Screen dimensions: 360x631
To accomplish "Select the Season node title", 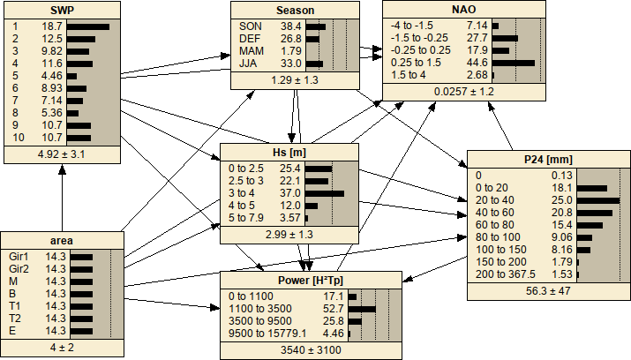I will (295, 11).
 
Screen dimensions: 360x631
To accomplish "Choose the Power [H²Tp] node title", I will (305, 282).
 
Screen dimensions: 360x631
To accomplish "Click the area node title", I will (62, 239).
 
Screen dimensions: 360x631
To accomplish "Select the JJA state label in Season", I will (250, 64).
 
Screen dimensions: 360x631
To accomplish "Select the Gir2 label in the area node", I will (18, 269).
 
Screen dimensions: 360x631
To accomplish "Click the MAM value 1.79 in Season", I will (315, 52).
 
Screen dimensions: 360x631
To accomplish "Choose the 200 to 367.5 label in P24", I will (503, 274).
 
